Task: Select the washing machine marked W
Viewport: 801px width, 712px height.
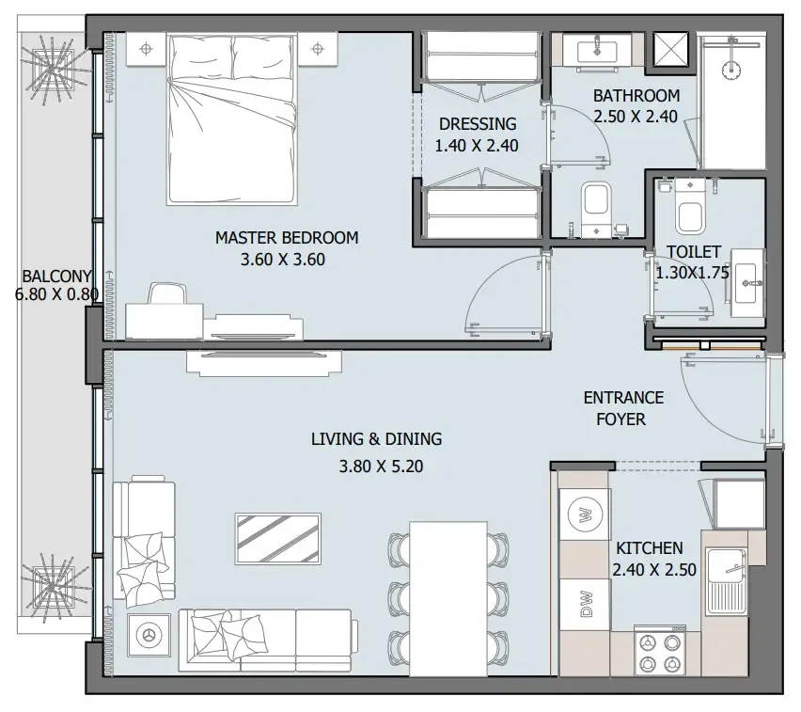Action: tap(585, 514)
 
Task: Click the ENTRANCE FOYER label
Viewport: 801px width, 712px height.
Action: tap(622, 408)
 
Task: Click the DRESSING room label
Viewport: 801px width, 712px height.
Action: tap(477, 123)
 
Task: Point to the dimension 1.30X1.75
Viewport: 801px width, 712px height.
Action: tap(693, 274)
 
